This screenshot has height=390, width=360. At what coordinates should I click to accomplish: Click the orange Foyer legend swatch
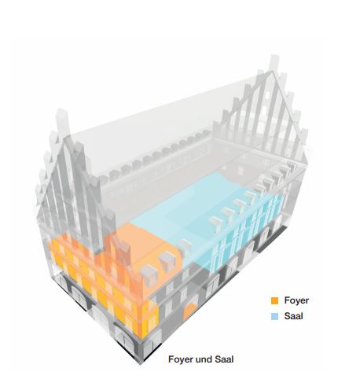click(x=274, y=300)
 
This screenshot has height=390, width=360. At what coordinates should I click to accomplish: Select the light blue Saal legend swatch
click(x=274, y=316)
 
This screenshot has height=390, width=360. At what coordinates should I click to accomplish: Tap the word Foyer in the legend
click(x=296, y=300)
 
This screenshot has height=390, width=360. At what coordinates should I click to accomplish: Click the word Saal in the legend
click(x=294, y=316)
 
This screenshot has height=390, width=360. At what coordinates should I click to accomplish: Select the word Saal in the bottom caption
click(x=224, y=359)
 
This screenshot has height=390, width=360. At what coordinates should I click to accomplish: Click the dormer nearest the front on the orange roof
click(x=149, y=274)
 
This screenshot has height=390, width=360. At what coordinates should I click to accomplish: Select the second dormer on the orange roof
click(x=167, y=260)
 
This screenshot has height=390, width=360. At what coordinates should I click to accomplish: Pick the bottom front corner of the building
click(x=141, y=363)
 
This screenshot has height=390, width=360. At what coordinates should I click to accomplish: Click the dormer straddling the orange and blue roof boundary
click(x=185, y=246)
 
